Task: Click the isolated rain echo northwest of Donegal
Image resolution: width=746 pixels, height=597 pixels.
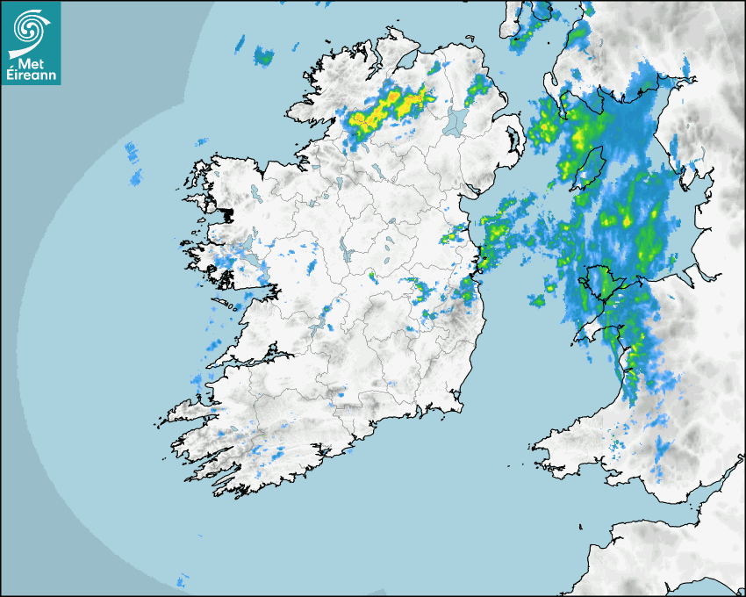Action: pyautogui.click(x=262, y=57)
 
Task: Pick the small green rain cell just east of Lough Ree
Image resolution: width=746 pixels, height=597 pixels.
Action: pyautogui.click(x=371, y=277)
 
